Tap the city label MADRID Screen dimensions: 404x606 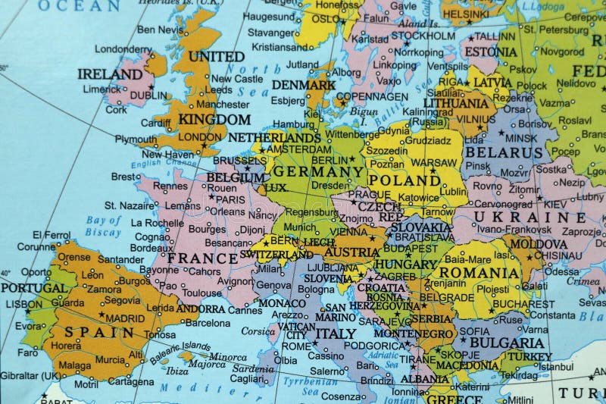pyautogui.click(x=125, y=318)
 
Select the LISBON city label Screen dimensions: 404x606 pyautogui.click(x=23, y=304)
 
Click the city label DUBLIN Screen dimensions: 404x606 pyautogui.click(x=148, y=96)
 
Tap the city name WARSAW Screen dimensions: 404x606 pyautogui.click(x=434, y=162)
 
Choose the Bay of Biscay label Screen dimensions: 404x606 pyautogui.click(x=104, y=226)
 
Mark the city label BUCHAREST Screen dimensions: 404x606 pyautogui.click(x=523, y=304)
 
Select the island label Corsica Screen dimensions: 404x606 pyautogui.click(x=258, y=331)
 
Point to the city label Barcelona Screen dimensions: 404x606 pyautogui.click(x=208, y=322)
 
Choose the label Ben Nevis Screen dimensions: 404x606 pyautogui.click(x=161, y=30)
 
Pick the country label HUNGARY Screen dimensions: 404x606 pyautogui.click(x=406, y=265)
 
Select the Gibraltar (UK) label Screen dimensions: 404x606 pyautogui.click(x=30, y=375)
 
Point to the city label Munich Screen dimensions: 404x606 pyautogui.click(x=300, y=227)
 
